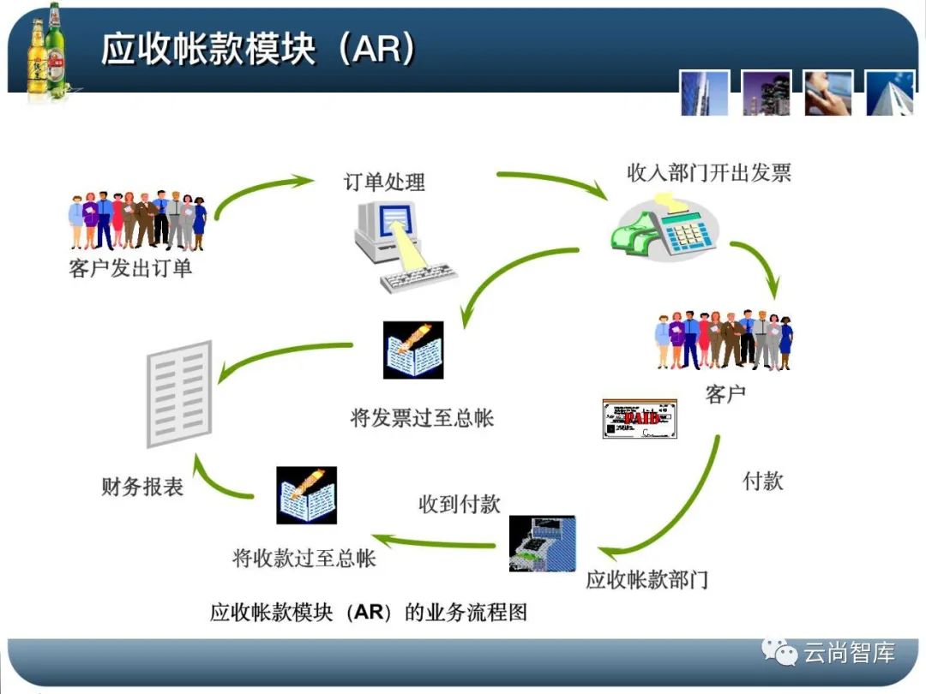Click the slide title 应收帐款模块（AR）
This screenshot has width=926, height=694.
coord(258,50)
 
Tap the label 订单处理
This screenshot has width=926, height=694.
coord(384,182)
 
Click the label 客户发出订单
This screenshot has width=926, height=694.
coord(131,268)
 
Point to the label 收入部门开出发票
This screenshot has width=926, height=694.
coord(709,172)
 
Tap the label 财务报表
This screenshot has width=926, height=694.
coord(142,488)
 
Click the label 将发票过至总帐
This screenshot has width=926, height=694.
coord(422,417)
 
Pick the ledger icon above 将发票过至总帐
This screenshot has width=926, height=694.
coord(413,350)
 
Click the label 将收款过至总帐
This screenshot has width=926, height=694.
coord(304,559)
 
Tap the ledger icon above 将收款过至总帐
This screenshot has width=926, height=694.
coord(306,495)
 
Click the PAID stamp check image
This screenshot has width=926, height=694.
coord(640,418)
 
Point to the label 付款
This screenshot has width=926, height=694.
coord(762,480)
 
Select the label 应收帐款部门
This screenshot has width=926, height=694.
coord(647,579)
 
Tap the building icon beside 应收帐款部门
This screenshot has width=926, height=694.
coord(542,543)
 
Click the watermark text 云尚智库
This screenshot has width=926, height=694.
coord(849,654)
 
